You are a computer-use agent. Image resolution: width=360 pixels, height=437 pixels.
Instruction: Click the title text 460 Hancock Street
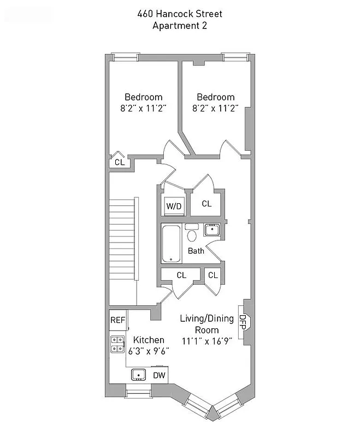point(180,14)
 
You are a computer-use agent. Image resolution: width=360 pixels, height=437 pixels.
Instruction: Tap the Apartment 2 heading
point(180,25)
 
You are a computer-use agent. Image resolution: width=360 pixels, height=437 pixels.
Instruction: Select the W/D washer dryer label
point(174,206)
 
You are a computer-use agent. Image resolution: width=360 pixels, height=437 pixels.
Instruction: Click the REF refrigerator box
point(117,320)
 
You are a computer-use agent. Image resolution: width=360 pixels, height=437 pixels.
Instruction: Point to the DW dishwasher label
point(159,375)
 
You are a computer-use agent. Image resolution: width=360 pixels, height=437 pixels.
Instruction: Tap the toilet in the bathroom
point(192,235)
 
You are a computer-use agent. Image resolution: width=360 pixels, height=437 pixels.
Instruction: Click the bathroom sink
point(211,230)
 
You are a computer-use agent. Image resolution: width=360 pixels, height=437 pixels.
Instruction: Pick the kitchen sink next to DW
point(139,375)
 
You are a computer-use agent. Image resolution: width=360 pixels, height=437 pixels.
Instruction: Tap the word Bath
point(196,251)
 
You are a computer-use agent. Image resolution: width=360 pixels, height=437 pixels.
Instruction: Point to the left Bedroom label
point(144,97)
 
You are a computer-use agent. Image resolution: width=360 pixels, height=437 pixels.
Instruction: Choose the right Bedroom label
point(216,97)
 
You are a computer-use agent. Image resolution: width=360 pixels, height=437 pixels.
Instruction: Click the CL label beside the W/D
point(206,204)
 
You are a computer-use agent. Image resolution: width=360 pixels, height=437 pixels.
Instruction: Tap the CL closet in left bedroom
point(119,162)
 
